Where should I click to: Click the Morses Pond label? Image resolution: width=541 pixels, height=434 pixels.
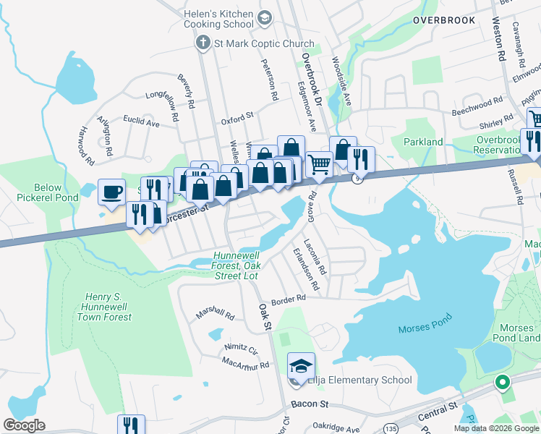(425, 323)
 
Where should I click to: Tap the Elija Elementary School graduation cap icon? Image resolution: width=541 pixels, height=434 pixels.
(301, 365)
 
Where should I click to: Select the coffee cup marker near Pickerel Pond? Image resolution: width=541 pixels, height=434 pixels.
(111, 192)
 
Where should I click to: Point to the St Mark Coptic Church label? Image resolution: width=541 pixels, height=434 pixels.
(264, 43)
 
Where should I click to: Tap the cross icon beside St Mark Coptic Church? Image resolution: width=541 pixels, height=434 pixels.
(204, 43)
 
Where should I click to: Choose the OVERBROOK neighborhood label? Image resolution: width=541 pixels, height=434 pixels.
(444, 20)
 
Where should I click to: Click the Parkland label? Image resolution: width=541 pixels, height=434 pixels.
(423, 142)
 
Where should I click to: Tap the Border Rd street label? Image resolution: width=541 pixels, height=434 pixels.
(289, 298)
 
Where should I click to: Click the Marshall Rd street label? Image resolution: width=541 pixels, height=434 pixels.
(216, 315)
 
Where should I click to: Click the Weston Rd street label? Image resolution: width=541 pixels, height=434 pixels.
(500, 43)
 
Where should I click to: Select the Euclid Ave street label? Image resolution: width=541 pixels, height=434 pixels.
(141, 124)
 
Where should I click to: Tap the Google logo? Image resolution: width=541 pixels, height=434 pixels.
(25, 425)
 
